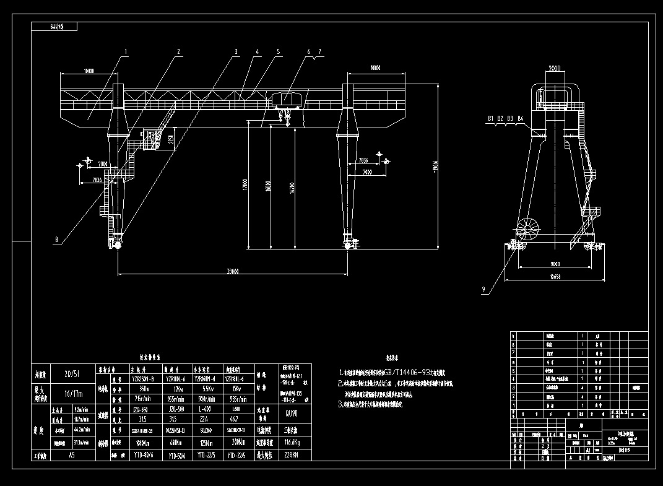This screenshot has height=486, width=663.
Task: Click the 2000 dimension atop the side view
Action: (554, 69)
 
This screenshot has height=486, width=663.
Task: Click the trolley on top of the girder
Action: (285, 100)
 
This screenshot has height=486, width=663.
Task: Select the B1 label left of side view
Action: (490, 118)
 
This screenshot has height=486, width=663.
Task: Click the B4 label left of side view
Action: (520, 118)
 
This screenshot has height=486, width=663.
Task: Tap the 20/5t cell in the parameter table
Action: (63, 374)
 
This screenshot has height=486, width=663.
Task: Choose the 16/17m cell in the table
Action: (63, 393)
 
